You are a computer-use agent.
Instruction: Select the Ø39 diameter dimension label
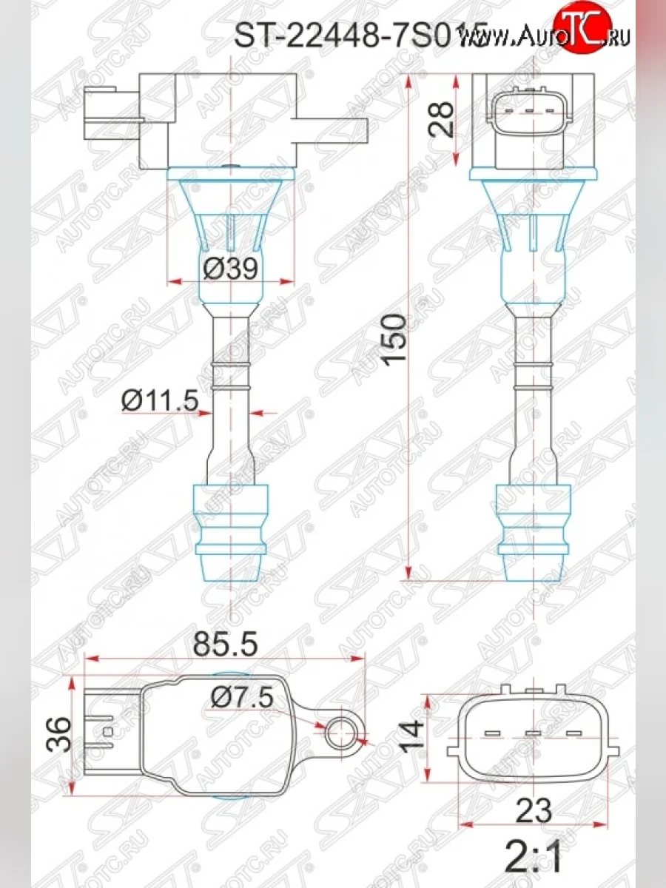coord(230,269)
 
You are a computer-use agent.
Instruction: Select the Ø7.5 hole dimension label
coord(241,696)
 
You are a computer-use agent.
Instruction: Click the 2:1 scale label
coord(534,858)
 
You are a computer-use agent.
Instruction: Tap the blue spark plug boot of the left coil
coord(230,525)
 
